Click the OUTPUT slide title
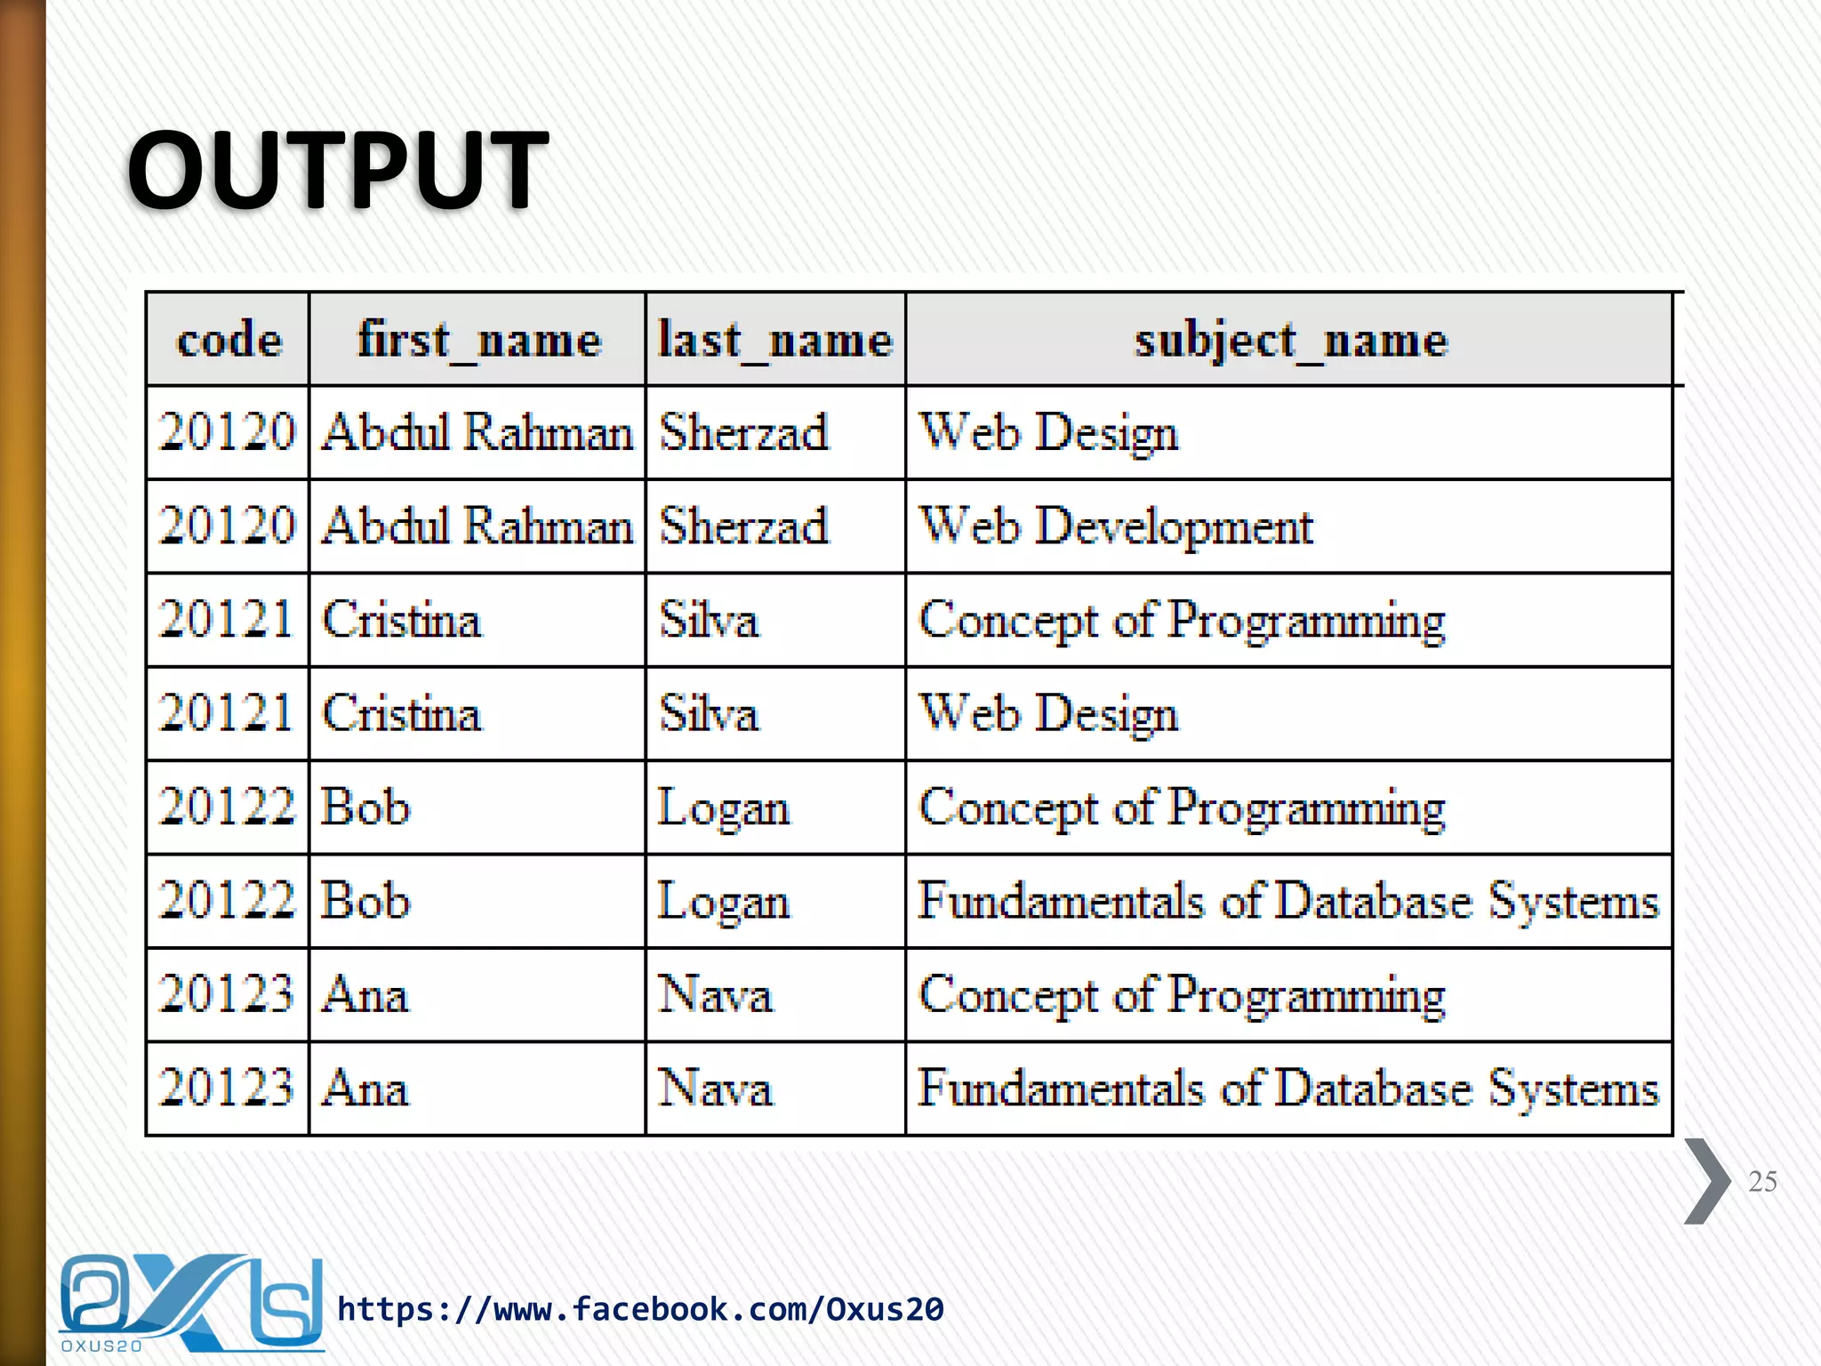(x=338, y=169)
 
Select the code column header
(x=229, y=340)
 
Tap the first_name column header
(x=478, y=340)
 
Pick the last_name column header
(x=775, y=340)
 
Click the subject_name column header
(x=1290, y=340)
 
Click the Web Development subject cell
(x=1116, y=526)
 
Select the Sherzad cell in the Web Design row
(x=743, y=433)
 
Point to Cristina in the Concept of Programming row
(x=401, y=620)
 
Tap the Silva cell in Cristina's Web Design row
(x=709, y=714)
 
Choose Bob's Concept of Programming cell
(x=1182, y=808)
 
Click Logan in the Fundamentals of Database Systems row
(x=723, y=902)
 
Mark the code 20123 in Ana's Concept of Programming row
(x=227, y=994)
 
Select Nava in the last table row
(x=715, y=1089)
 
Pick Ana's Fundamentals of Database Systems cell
(x=1288, y=1089)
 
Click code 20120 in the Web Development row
(x=227, y=526)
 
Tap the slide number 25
(x=1762, y=1181)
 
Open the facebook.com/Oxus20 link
(x=640, y=1309)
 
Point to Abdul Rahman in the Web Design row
(x=477, y=433)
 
